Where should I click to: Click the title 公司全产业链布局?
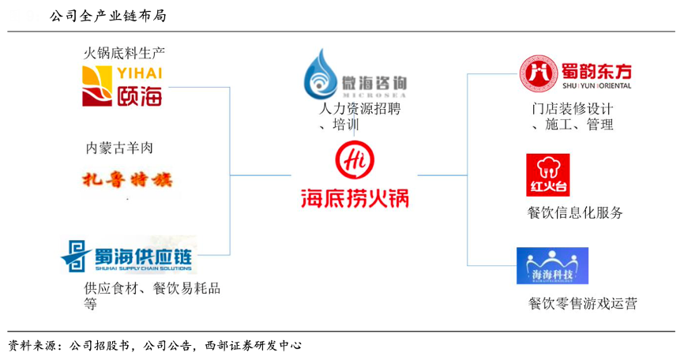click(107, 14)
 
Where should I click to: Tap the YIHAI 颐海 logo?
click(122, 85)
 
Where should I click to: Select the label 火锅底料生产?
click(124, 54)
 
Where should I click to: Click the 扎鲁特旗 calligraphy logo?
click(126, 180)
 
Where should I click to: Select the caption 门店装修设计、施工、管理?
click(573, 117)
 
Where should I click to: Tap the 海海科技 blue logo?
click(552, 265)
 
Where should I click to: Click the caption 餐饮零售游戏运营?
click(583, 303)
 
